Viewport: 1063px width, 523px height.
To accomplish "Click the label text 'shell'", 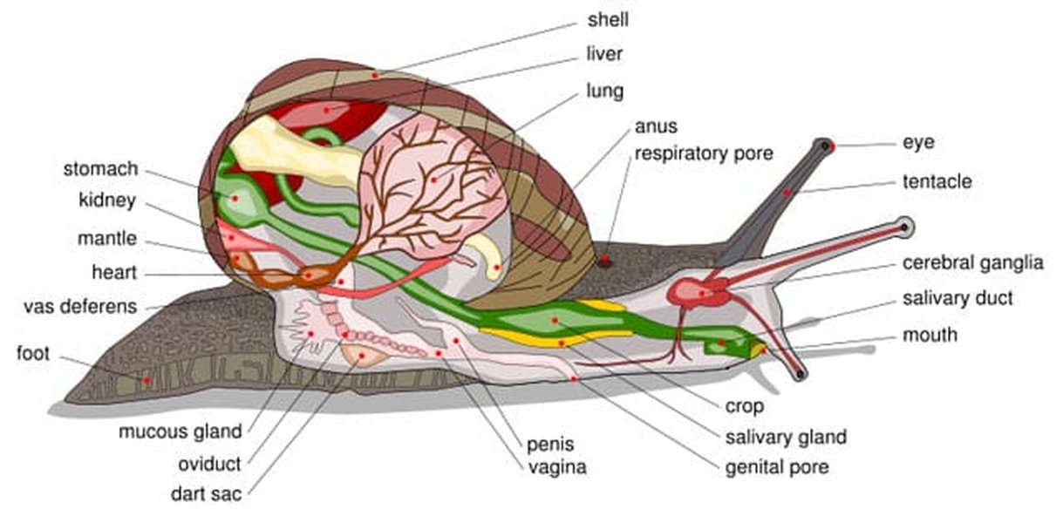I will click(x=608, y=20).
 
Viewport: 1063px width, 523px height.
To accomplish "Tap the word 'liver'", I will click(x=604, y=55).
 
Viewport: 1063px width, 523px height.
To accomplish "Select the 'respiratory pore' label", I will click(x=703, y=154).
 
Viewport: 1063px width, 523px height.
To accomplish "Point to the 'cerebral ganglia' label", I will click(x=972, y=263).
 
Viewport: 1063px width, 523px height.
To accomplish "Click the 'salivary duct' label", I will click(x=957, y=298).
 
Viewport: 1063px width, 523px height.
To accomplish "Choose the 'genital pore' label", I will click(x=776, y=468).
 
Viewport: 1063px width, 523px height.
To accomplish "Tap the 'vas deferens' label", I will click(x=80, y=307).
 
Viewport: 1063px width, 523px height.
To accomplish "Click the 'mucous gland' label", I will click(x=181, y=431).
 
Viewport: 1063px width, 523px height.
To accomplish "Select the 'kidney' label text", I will click(x=106, y=201).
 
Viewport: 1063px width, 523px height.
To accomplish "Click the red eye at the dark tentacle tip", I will click(x=832, y=146).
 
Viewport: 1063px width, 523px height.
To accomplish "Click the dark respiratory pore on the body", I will click(x=604, y=261).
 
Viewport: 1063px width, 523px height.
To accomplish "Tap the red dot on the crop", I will click(x=555, y=321).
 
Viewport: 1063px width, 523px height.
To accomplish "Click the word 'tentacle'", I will click(x=937, y=182).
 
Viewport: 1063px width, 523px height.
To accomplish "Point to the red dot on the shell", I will click(x=375, y=76).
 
